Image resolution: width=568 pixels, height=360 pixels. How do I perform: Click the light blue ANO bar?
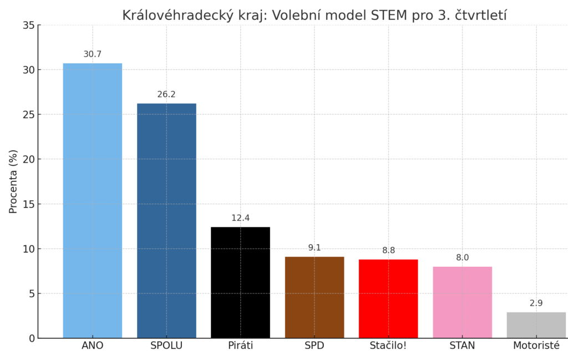[92, 200]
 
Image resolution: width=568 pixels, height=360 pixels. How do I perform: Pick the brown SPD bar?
[315, 297]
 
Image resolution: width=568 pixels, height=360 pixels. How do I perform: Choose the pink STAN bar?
[462, 302]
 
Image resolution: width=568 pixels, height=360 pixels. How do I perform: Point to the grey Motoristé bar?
[536, 325]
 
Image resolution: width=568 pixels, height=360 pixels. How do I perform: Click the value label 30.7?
[92, 54]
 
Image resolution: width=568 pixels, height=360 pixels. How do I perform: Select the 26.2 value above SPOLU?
[166, 95]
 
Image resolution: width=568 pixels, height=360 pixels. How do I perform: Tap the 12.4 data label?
[240, 218]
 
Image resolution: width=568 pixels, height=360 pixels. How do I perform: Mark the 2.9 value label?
[536, 303]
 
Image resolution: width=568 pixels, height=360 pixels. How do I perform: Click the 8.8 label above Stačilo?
[388, 251]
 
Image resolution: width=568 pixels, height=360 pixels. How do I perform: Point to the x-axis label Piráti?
[240, 346]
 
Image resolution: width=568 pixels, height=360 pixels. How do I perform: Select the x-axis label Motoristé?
[536, 346]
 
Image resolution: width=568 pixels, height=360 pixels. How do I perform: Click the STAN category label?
[462, 346]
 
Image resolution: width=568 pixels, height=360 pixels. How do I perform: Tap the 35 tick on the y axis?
[28, 26]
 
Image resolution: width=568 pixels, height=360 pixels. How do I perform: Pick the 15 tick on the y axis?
[28, 204]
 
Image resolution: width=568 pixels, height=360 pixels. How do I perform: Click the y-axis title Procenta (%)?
[13, 181]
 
